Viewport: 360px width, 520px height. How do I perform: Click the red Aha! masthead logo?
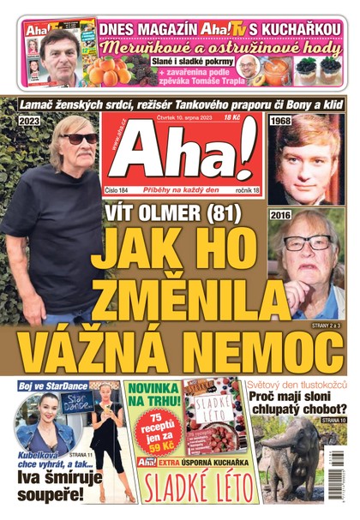(183, 160)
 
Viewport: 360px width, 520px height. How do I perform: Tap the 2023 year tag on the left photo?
(29, 121)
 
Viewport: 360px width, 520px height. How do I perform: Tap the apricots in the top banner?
(117, 71)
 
